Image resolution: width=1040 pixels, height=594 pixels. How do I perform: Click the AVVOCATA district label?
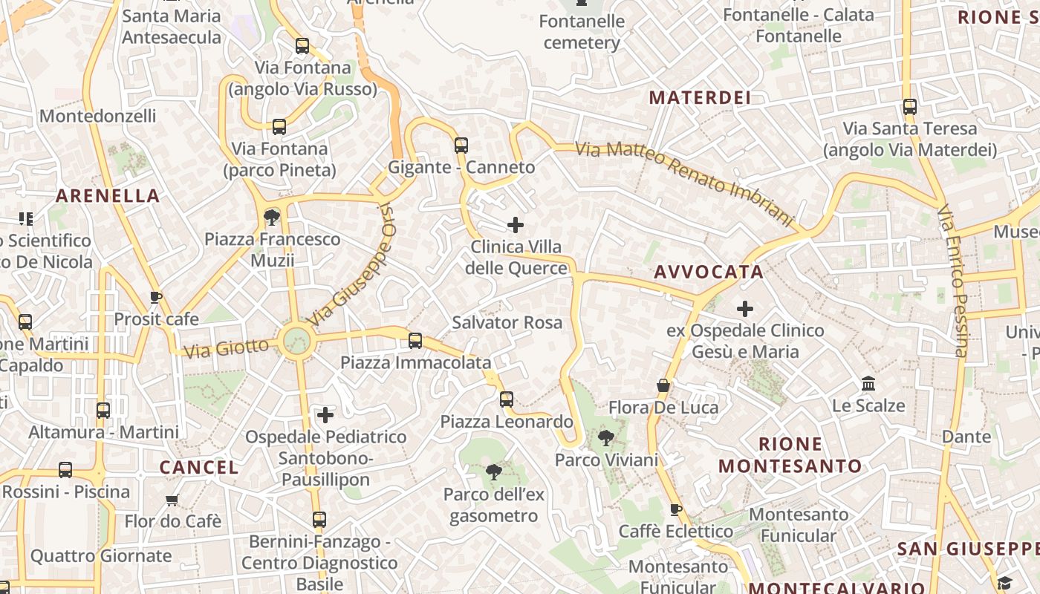pyautogui.click(x=709, y=272)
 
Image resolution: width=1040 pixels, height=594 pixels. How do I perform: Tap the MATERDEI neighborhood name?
pyautogui.click(x=699, y=97)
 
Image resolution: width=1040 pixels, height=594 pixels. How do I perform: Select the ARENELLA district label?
pyautogui.click(x=108, y=196)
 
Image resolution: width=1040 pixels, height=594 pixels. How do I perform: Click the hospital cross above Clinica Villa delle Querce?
pyautogui.click(x=515, y=224)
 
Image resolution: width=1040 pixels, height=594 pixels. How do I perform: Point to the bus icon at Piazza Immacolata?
pyautogui.click(x=415, y=341)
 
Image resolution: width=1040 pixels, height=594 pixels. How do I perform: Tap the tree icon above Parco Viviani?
pyautogui.click(x=606, y=437)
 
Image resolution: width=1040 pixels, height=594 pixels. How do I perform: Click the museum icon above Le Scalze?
pyautogui.click(x=868, y=384)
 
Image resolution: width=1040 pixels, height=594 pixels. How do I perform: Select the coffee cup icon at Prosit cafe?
pyautogui.click(x=156, y=298)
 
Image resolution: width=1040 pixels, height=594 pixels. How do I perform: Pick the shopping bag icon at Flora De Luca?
pyautogui.click(x=663, y=385)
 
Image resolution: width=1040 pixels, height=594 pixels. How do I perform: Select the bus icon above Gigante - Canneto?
pyautogui.click(x=461, y=146)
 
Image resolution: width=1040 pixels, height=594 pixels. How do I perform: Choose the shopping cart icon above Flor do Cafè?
pyautogui.click(x=172, y=500)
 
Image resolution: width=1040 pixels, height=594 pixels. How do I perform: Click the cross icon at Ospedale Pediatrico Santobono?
pyautogui.click(x=325, y=414)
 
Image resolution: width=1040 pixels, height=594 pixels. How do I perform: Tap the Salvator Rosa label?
pyautogui.click(x=507, y=323)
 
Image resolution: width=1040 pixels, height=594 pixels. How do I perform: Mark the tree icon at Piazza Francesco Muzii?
pyautogui.click(x=272, y=217)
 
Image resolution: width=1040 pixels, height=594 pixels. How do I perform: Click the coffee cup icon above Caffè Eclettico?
pyautogui.click(x=675, y=509)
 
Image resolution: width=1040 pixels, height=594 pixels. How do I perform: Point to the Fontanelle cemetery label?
pyautogui.click(x=582, y=32)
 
